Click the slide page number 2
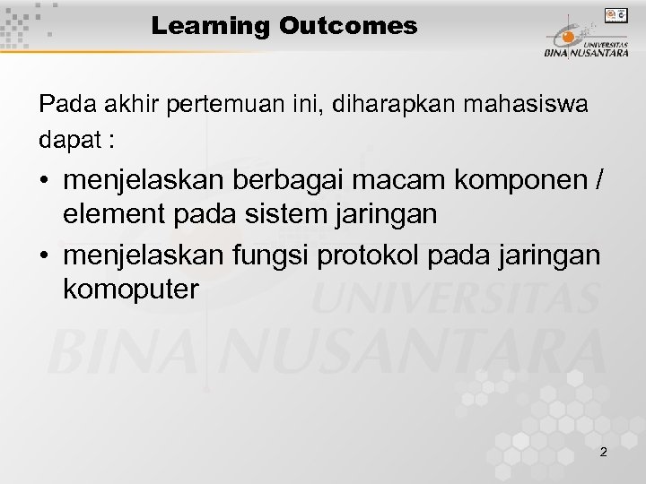pyautogui.click(x=603, y=452)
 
